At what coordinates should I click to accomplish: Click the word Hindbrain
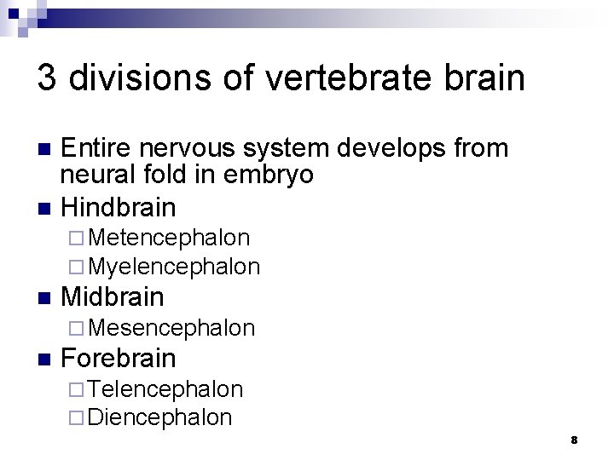tap(119, 206)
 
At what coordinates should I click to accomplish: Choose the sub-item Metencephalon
tap(169, 237)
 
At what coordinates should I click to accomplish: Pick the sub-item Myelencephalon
tap(174, 266)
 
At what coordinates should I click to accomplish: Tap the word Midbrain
tap(113, 297)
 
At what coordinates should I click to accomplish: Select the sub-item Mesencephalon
tap(171, 327)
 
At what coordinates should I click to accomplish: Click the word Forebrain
tap(119, 358)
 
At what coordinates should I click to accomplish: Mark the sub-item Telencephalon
tap(165, 389)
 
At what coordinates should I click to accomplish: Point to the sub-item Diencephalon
tap(159, 417)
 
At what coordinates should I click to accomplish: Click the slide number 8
tap(574, 440)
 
